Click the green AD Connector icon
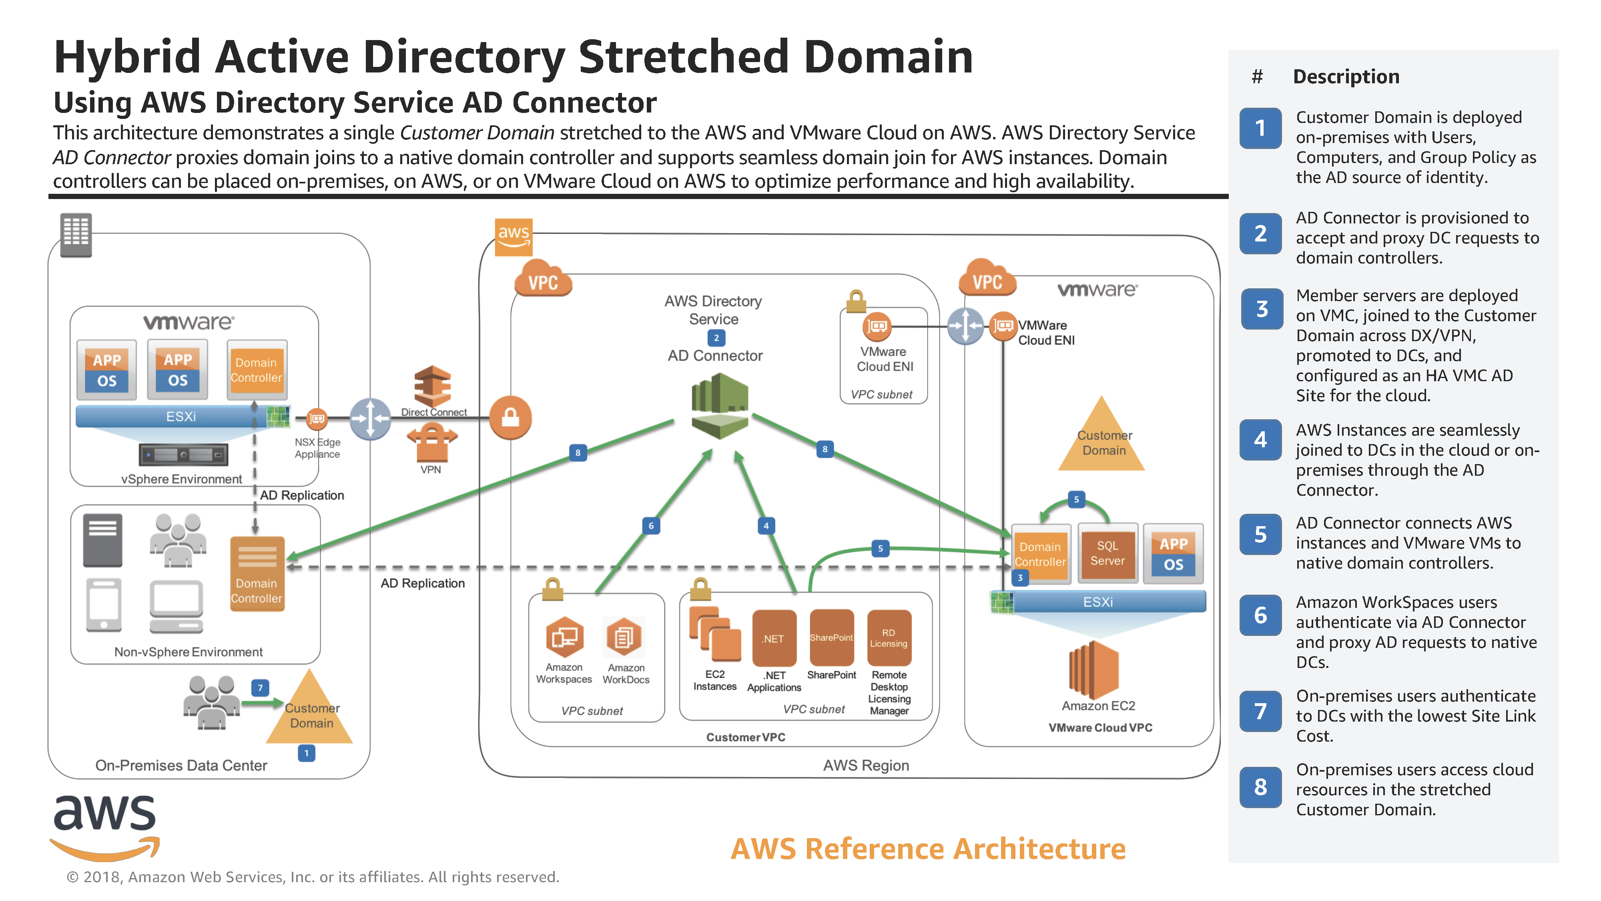pyautogui.click(x=720, y=405)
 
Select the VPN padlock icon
pyautogui.click(x=432, y=443)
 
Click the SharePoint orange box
pyautogui.click(x=831, y=638)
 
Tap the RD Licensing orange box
pyautogui.click(x=889, y=638)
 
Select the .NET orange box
pyautogui.click(x=774, y=638)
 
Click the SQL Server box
pyautogui.click(x=1107, y=553)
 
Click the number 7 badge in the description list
pyautogui.click(x=1260, y=711)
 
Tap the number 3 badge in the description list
pyautogui.click(x=1261, y=308)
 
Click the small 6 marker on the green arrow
pyautogui.click(x=651, y=525)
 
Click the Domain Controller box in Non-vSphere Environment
pyautogui.click(x=257, y=573)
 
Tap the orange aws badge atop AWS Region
pyautogui.click(x=514, y=236)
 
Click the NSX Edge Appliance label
pyautogui.click(x=317, y=448)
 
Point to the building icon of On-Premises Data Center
pyautogui.click(x=76, y=234)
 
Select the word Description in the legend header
pyautogui.click(x=1346, y=76)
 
